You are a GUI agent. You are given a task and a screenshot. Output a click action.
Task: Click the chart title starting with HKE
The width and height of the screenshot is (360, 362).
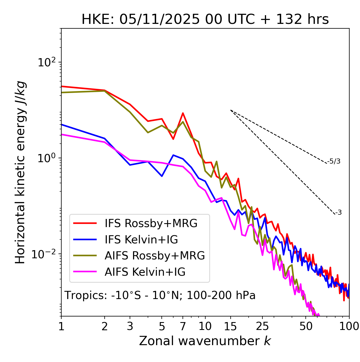pos(205,20)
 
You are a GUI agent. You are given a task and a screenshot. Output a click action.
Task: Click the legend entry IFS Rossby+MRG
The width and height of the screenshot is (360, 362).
pos(151,223)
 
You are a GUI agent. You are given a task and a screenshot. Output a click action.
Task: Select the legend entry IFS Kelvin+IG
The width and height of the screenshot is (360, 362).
pos(141,240)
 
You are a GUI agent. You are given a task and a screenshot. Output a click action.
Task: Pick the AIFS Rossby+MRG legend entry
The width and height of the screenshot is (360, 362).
pos(154,256)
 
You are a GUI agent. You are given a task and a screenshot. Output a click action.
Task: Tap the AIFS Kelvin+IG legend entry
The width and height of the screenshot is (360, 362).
pos(145,272)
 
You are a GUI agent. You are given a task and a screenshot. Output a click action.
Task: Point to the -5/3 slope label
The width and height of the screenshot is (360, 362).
pos(334,161)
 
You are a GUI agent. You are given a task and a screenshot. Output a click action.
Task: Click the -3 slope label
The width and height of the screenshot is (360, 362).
pos(338,213)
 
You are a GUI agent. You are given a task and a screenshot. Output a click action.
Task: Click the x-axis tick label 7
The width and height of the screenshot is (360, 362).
pos(183,326)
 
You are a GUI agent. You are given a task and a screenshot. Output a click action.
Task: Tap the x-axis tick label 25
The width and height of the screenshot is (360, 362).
pos(262,326)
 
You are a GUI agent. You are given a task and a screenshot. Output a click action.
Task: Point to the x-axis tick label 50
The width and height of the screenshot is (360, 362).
pos(306,326)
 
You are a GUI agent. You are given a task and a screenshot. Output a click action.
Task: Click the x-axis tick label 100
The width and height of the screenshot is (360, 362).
pos(349,326)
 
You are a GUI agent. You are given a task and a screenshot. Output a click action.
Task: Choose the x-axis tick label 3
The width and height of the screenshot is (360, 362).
pos(130,326)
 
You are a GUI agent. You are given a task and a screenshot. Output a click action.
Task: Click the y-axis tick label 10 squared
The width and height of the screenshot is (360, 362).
pos(47,62)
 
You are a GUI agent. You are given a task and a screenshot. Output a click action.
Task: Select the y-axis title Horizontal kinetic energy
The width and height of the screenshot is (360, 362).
pos(20,173)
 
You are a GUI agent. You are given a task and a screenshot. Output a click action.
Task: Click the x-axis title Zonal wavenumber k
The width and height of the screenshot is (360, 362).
pos(205,341)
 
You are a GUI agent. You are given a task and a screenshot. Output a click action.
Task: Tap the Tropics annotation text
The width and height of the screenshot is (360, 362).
pos(160,295)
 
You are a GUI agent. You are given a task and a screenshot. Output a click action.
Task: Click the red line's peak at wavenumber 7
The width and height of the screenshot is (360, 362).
pos(183,113)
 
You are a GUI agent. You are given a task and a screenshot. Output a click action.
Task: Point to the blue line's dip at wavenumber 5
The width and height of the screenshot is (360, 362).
pos(162,176)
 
